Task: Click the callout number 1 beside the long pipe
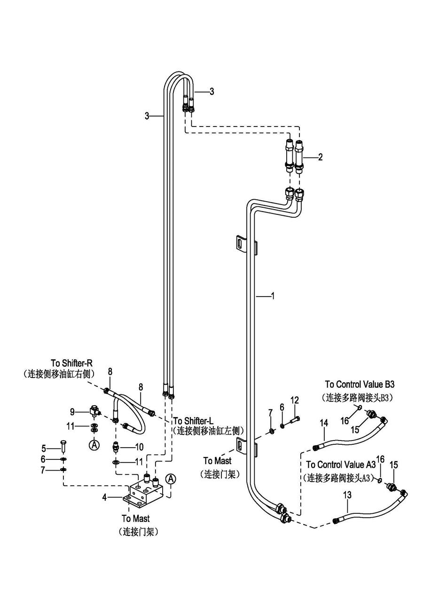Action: (273, 296)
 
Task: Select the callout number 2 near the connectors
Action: (320, 157)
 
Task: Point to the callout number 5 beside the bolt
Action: (43, 448)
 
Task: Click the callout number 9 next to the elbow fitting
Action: (72, 412)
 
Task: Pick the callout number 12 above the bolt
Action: (295, 400)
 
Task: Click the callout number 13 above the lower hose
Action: (347, 495)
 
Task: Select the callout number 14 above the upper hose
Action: (324, 423)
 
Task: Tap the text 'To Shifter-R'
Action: (72, 363)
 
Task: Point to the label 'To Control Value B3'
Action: (360, 385)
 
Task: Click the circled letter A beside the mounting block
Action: (171, 479)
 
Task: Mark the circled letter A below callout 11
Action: (94, 444)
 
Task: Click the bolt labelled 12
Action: (295, 419)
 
